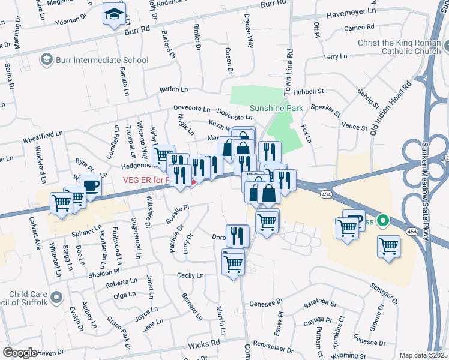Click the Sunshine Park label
[276, 108]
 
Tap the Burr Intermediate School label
[101, 60]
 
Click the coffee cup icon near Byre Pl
[90, 187]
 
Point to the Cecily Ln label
[190, 275]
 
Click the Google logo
[20, 352]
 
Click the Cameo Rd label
[359, 28]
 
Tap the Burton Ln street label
[173, 89]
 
